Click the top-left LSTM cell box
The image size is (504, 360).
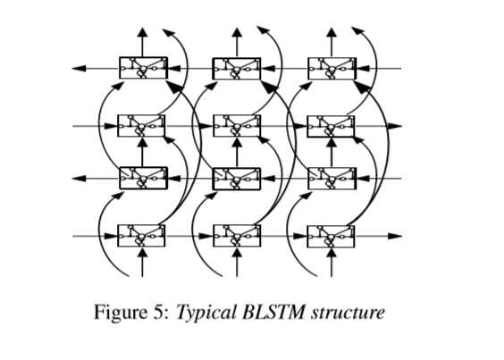(x=143, y=68)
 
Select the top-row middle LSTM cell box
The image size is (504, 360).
(x=237, y=69)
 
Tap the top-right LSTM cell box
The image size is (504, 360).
(x=332, y=69)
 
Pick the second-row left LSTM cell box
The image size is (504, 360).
(x=141, y=126)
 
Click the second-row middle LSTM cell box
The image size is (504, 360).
(x=237, y=126)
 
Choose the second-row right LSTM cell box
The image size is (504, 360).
(x=331, y=126)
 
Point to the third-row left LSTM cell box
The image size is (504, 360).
(x=143, y=178)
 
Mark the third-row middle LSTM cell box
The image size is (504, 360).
(x=237, y=179)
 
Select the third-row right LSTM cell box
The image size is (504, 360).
(x=332, y=179)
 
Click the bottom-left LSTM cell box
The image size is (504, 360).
(x=141, y=236)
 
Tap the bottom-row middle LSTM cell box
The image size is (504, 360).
(x=237, y=236)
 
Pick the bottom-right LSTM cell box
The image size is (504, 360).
(x=331, y=237)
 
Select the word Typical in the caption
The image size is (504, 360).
(x=206, y=313)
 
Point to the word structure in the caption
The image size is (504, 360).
(x=348, y=313)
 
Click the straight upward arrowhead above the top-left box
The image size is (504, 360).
(x=143, y=32)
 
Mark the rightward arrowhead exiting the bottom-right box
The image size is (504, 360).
(x=395, y=236)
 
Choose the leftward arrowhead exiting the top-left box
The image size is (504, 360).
(x=79, y=69)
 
